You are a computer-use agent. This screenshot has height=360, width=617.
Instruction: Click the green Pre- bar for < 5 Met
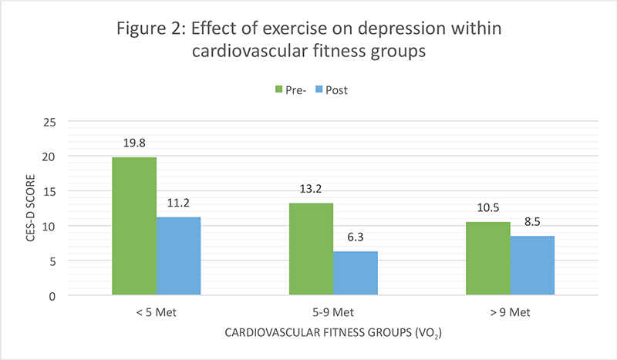134,226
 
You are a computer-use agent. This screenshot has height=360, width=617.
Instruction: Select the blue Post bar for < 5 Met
178,256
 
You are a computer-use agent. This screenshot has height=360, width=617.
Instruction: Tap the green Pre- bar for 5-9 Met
311,249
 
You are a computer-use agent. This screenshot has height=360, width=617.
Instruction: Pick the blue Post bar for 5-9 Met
355,273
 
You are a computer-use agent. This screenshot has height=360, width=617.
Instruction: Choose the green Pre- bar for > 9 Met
487,258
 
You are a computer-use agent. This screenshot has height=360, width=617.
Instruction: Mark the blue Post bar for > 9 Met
531,265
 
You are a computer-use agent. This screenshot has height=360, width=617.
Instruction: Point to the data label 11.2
178,204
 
